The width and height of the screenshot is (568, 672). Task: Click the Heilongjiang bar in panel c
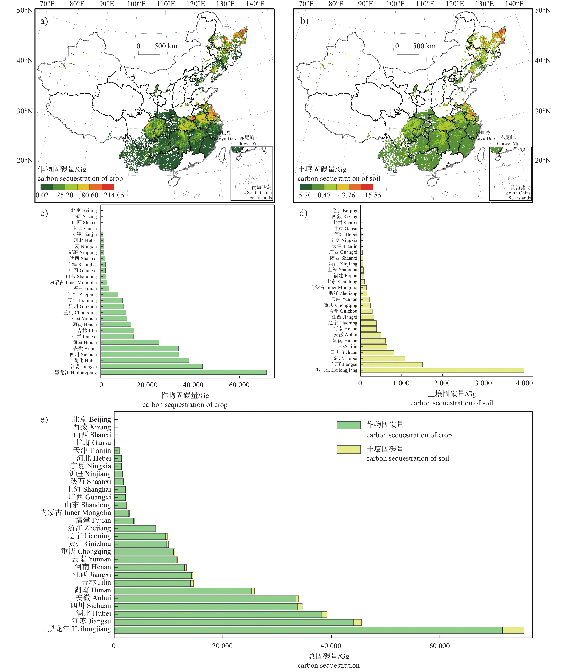click(x=184, y=372)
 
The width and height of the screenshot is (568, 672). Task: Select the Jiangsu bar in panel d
click(x=391, y=364)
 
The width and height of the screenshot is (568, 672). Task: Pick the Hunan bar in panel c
click(x=130, y=342)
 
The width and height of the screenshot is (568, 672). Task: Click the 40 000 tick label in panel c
click(x=193, y=385)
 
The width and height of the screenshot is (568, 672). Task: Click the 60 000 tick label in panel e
click(x=440, y=646)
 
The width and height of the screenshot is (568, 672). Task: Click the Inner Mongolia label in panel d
click(x=334, y=287)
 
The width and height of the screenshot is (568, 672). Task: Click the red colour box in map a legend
click(x=108, y=187)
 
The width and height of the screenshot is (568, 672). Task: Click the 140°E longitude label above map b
click(x=514, y=4)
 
